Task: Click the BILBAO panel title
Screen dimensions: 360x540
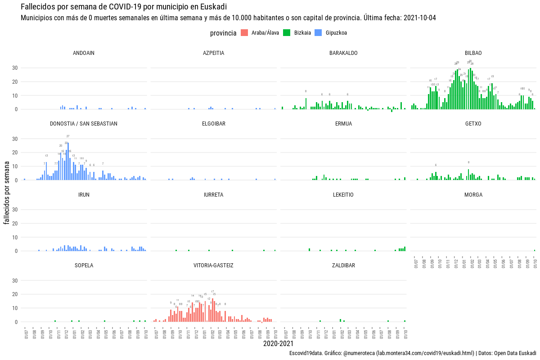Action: point(473,53)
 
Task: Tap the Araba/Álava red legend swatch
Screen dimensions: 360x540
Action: point(244,33)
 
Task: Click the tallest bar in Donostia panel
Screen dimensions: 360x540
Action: point(68,162)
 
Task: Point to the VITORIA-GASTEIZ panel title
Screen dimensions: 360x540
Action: point(213,265)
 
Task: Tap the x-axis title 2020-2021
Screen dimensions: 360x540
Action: point(278,344)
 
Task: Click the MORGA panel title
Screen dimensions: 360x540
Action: point(473,195)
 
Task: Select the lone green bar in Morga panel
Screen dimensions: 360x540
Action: point(535,250)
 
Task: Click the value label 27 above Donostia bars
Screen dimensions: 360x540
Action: point(68,136)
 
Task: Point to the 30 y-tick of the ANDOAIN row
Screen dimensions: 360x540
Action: point(14,68)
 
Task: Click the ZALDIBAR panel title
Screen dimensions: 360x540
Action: point(343,265)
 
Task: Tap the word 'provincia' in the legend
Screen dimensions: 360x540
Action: point(223,33)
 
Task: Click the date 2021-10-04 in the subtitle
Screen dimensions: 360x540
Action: point(420,18)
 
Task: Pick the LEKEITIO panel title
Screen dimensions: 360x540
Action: point(343,195)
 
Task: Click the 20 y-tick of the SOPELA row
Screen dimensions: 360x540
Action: point(14,294)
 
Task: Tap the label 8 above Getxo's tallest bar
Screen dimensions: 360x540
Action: point(468,162)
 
